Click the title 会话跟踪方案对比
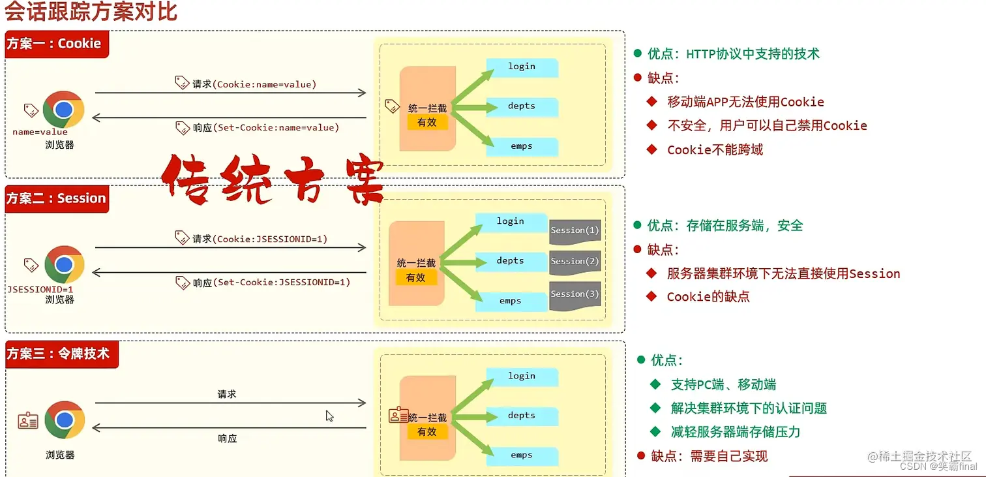point(91,12)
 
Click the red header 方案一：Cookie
point(55,44)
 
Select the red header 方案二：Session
point(56,198)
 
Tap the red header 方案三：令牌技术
point(59,354)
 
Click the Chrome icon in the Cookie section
point(63,109)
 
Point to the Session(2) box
point(574,262)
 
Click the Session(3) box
point(574,295)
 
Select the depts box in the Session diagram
point(511,261)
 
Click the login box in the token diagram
point(522,377)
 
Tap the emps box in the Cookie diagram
point(522,146)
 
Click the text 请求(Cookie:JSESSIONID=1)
point(260,239)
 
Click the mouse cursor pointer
point(330,416)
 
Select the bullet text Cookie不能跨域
point(715,150)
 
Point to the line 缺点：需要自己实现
point(709,456)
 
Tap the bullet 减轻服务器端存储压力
point(735,432)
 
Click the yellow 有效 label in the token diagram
point(427,432)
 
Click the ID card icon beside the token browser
point(28,421)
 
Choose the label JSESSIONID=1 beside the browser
point(40,289)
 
